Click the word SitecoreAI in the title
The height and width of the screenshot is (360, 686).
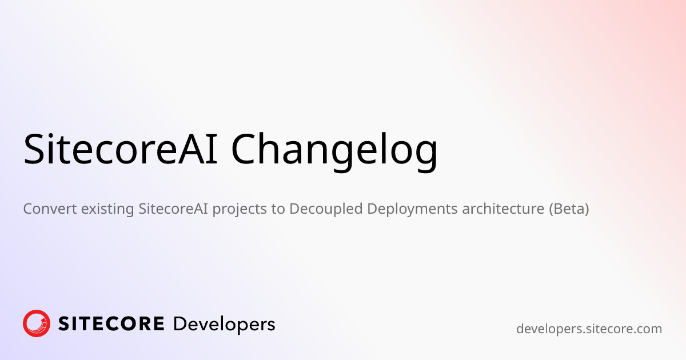(x=120, y=150)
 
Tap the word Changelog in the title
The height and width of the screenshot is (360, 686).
(x=334, y=150)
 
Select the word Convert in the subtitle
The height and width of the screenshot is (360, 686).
(x=49, y=209)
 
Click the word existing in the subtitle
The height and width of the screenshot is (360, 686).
(x=108, y=209)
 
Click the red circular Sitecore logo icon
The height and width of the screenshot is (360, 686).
(x=37, y=323)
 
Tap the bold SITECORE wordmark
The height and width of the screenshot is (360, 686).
(x=111, y=324)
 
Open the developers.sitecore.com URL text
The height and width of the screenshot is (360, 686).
(x=589, y=329)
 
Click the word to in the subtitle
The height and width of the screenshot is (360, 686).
(x=278, y=209)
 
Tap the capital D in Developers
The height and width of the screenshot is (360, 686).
(x=180, y=324)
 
